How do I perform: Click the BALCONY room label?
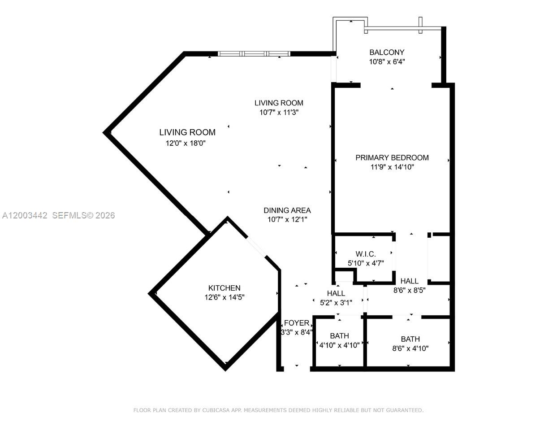pos(386,52)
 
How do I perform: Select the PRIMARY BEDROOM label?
pos(392,157)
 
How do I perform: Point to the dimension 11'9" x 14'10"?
pos(392,167)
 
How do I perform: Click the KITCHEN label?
pos(224,288)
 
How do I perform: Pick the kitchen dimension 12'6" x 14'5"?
pos(224,297)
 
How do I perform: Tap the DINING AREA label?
pos(287,210)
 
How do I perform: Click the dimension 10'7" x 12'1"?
pos(287,220)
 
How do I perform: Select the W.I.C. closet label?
pos(365,254)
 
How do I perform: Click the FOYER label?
pos(296,323)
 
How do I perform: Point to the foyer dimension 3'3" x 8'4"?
pos(296,332)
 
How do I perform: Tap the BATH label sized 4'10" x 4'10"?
pos(339,336)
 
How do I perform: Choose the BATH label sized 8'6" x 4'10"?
pos(410,339)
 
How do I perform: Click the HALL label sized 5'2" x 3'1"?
pos(336,293)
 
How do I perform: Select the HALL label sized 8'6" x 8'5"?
pos(409,281)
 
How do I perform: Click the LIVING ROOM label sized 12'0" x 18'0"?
pos(187,132)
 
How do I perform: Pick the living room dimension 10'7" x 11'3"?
pos(279,113)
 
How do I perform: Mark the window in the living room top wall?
pos(254,54)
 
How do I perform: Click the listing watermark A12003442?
pos(25,215)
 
